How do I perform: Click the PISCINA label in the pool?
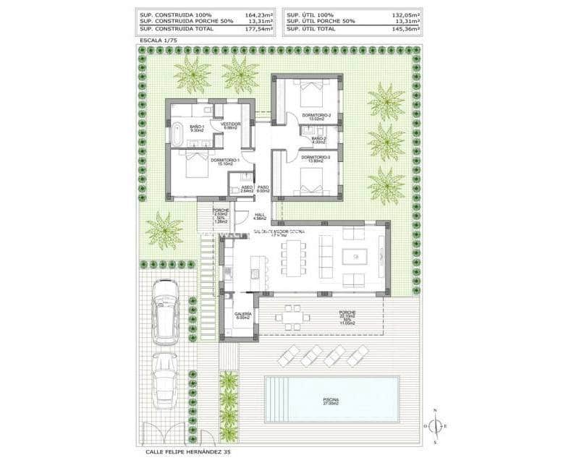coord(335,400)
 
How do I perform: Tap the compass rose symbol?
coord(436,426)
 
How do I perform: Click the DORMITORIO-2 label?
coord(316,115)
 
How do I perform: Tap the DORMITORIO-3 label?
coord(316,157)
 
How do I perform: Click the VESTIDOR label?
coord(230,124)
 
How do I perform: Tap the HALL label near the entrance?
coord(261,214)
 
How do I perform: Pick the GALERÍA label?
coord(242,314)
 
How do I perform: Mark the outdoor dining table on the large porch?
coord(292,315)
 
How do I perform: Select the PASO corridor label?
coord(263,187)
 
